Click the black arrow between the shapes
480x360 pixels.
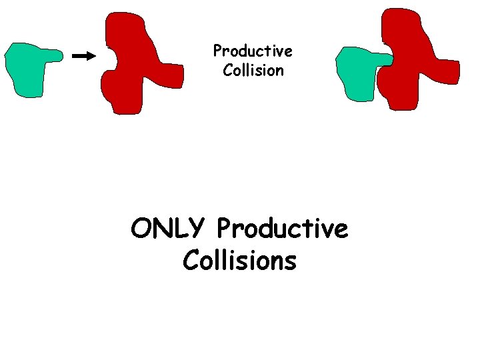(83, 56)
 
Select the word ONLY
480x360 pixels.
(169, 229)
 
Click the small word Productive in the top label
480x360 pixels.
(253, 51)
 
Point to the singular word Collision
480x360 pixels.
(253, 70)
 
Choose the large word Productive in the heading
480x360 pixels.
(282, 229)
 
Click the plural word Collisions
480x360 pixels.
(239, 261)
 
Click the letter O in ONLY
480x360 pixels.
(142, 229)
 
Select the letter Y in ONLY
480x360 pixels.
(198, 229)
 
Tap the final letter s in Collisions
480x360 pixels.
(290, 261)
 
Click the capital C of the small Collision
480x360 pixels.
(227, 70)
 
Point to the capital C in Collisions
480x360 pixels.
(191, 261)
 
